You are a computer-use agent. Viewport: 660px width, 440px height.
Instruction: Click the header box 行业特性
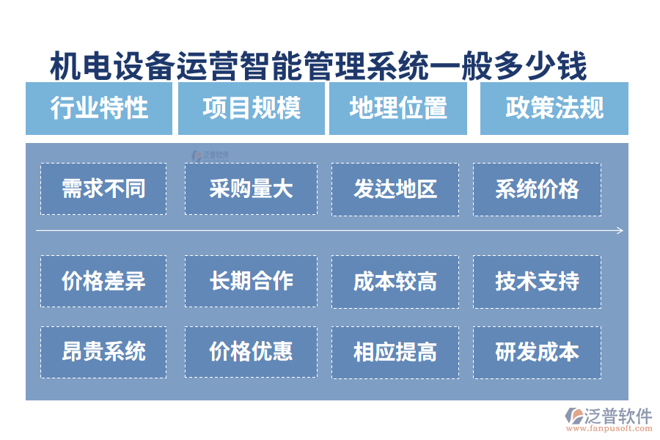99,109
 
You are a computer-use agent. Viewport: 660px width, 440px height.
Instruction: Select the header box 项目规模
251,109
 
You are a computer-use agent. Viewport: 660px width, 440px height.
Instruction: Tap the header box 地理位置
398,109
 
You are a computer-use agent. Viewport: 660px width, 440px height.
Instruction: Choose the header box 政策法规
554,109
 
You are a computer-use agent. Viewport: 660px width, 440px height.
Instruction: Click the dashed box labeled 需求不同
103,189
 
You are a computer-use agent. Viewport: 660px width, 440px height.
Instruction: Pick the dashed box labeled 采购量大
251,189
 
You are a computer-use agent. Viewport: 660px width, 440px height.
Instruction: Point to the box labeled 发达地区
395,189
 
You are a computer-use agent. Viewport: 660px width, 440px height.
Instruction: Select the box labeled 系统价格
537,189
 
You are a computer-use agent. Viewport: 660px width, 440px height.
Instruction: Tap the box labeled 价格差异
103,281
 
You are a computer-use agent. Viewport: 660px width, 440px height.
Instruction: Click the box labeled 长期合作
251,281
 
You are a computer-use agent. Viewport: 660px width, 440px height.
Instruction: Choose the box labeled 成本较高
395,281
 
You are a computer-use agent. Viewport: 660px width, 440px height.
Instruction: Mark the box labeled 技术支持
537,281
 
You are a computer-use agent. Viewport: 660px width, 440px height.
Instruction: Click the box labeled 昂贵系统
103,352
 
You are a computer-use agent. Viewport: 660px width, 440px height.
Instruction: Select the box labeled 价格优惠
251,352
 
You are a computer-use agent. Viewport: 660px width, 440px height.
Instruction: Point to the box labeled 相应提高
395,352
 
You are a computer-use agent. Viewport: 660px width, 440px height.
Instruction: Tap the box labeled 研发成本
537,352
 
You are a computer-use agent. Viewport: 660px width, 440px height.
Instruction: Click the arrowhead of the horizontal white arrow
620,231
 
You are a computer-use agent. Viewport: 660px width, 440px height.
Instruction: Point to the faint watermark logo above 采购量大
210,155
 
